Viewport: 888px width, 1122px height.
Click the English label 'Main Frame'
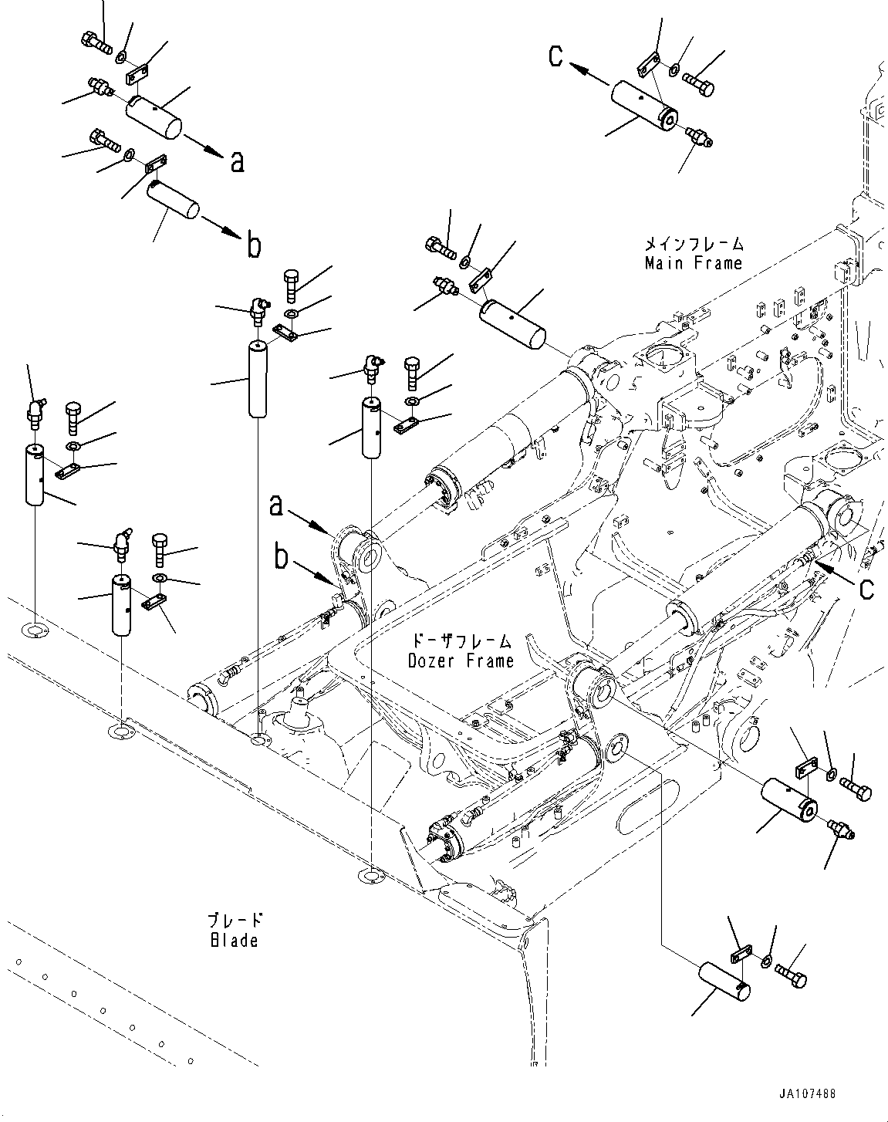coord(693,263)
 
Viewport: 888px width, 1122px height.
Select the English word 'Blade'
coord(233,940)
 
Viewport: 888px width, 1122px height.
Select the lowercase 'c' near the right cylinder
coord(866,588)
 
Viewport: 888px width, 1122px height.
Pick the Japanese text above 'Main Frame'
coord(694,244)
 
